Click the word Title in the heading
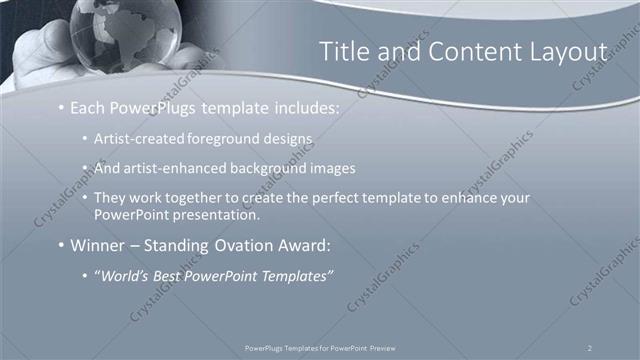coord(343,52)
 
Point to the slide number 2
coord(590,346)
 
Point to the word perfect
coord(329,198)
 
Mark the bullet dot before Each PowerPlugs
coord(62,107)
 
